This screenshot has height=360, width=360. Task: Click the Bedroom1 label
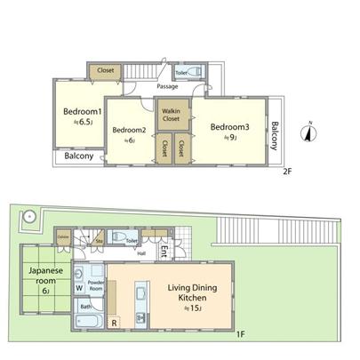tap(76, 112)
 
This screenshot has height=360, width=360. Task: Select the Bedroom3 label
tap(229, 127)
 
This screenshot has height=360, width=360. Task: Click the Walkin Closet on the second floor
tap(172, 113)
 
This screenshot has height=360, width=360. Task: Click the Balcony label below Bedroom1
tap(78, 156)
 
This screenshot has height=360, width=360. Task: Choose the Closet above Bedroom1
tap(105, 70)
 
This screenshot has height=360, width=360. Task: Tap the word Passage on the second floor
tap(166, 87)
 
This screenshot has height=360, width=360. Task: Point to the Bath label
tap(85, 307)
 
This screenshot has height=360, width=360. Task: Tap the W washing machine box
tap(80, 287)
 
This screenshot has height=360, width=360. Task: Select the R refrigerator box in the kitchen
tap(115, 324)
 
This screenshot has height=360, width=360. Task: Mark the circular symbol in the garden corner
tap(29, 215)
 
